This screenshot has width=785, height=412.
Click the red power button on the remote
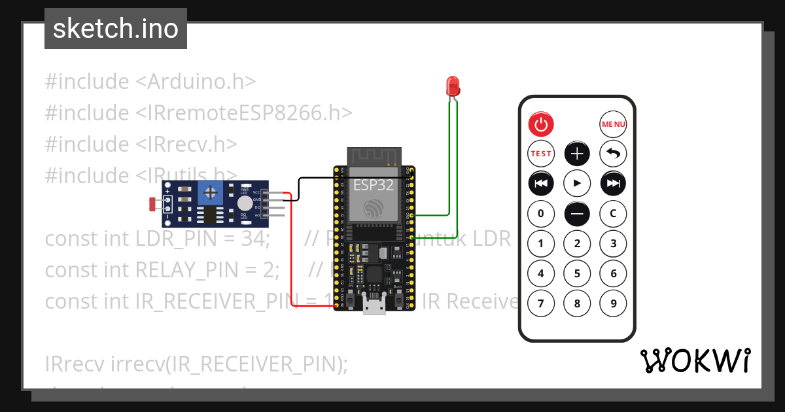coord(541,124)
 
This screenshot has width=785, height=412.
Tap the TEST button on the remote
coord(541,154)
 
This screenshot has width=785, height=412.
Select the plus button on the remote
coord(577,154)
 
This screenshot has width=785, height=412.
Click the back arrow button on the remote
coord(613,154)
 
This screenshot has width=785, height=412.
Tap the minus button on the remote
coord(577,213)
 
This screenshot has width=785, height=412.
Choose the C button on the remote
coord(613,213)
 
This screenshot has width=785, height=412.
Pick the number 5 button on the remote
coord(577,273)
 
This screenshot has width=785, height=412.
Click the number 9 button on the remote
coord(613,303)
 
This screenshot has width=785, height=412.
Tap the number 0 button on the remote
coord(541,213)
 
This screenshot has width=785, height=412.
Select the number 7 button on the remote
coord(541,303)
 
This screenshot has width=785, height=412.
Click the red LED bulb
coord(452,86)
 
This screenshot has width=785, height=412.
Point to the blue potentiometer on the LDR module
coord(211,192)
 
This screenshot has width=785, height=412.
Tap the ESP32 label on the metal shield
coord(374,185)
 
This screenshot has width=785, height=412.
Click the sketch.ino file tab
coord(116,29)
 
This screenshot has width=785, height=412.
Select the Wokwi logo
coord(694,360)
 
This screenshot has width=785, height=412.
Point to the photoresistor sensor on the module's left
coord(154,205)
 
